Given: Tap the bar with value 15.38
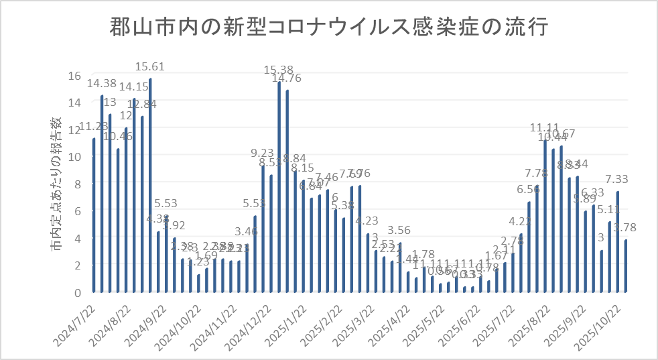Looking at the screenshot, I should (279, 187).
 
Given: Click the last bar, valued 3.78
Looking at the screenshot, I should (626, 266).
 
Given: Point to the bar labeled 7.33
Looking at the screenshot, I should (617, 242).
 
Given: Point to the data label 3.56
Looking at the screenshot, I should (400, 231).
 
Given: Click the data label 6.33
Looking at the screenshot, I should (593, 193).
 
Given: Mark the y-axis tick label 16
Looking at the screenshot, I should (75, 75).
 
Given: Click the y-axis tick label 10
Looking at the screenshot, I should (75, 156).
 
